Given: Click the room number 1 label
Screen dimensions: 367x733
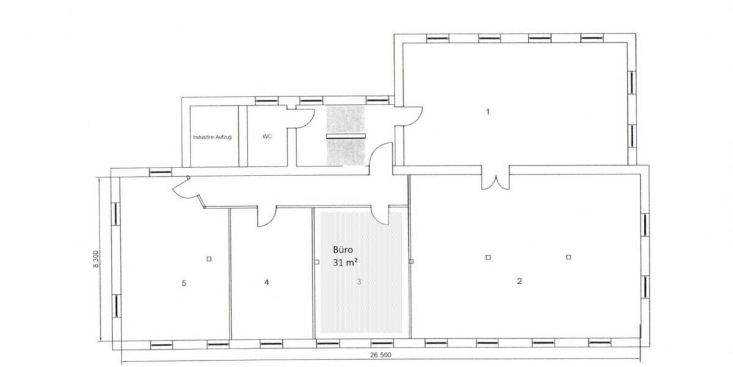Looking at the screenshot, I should [x=487, y=111].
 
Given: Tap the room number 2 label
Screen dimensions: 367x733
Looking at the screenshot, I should [x=519, y=281].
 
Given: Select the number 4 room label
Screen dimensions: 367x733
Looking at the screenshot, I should [x=266, y=283].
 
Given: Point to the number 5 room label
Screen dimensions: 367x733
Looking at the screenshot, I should [x=184, y=283].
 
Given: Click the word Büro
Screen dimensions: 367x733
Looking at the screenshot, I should [x=343, y=250].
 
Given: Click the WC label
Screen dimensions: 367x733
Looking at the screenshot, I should [x=267, y=137].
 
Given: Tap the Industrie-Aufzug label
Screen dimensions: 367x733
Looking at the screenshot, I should [x=211, y=137].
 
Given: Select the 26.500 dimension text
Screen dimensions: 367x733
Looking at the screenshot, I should [x=380, y=355].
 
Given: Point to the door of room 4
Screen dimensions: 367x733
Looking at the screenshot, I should [x=267, y=215].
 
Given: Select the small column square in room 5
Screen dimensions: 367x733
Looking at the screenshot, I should [x=209, y=258].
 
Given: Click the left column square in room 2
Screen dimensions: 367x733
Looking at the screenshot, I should [x=487, y=257].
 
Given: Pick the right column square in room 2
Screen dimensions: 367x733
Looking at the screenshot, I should [x=568, y=257].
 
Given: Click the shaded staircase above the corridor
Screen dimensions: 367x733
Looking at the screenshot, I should [x=345, y=136].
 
